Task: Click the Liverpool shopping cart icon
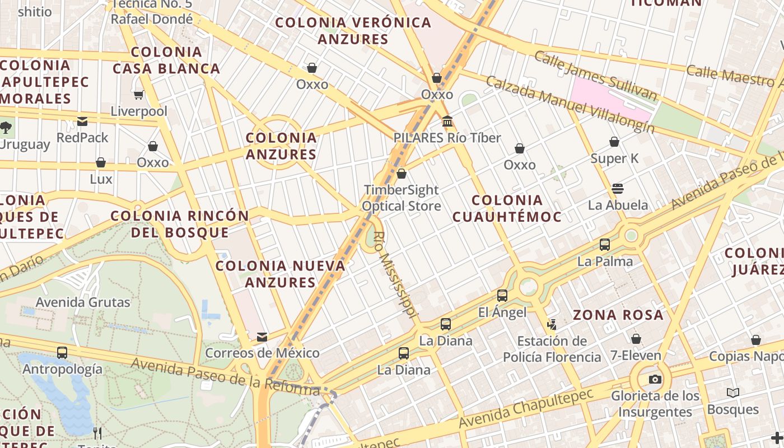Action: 138,95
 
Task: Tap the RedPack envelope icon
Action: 82,121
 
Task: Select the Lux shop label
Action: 101,179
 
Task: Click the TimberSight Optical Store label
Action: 401,198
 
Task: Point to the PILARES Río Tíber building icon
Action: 447,121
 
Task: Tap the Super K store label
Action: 614,158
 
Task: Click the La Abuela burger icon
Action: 618,188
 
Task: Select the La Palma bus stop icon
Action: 605,245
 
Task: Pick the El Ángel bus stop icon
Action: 502,296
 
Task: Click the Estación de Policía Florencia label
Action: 552,349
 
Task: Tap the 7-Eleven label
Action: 636,356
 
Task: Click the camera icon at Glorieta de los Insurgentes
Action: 655,379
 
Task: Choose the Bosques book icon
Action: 732,393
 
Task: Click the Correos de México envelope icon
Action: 262,337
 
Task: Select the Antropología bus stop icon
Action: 62,353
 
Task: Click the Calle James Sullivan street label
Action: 595,76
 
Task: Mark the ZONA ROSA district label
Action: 618,315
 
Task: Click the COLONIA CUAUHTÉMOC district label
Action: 506,208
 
